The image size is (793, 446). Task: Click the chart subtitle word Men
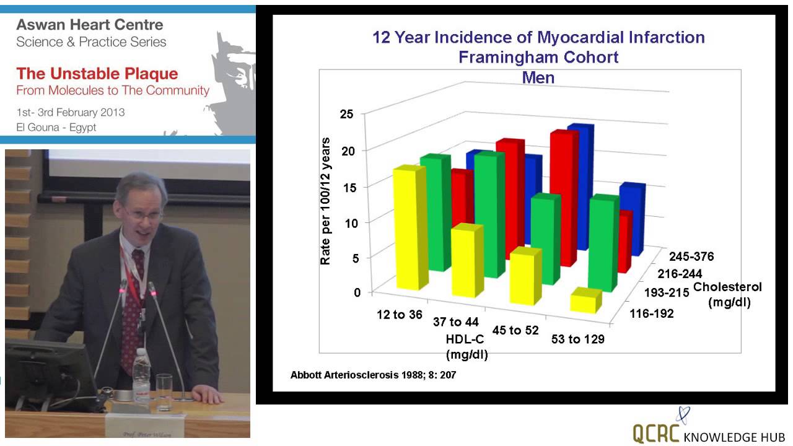538,77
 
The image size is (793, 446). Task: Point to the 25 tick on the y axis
346,115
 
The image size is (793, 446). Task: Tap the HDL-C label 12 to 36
400,314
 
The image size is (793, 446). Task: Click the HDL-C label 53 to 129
578,339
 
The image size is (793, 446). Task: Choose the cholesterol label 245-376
694,256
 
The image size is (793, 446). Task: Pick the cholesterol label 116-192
652,313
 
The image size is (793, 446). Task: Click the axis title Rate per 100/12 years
325,201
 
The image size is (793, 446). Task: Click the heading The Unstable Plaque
97,74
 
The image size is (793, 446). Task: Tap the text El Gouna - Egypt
56,127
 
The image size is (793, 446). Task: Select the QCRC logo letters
657,433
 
